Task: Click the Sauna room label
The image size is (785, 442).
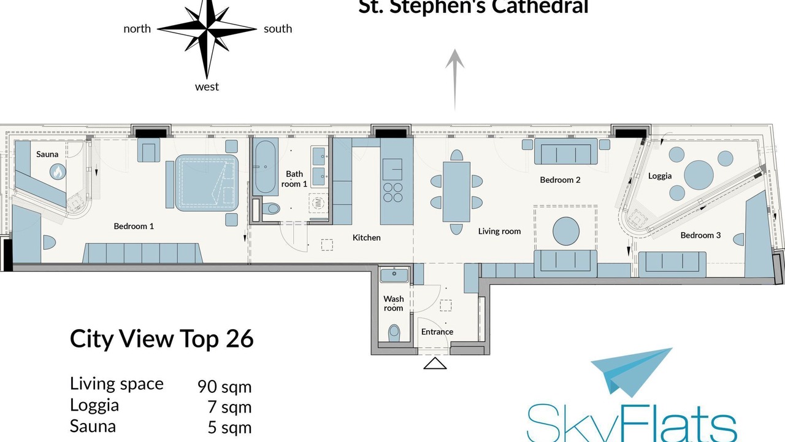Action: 47,154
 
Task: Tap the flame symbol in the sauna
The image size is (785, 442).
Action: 58,173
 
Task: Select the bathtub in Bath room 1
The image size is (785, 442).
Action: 266,166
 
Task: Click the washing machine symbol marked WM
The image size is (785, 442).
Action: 318,203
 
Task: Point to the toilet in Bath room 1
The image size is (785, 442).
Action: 270,209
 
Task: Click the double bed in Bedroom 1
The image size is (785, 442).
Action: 207,183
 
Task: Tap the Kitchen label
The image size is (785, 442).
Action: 367,238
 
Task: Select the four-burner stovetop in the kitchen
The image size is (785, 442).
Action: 393,192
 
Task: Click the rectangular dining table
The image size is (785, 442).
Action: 456,192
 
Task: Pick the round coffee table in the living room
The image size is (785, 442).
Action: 566,231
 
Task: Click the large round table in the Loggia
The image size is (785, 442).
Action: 699,175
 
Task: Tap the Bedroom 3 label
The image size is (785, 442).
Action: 700,235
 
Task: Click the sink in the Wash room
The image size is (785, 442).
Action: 394,275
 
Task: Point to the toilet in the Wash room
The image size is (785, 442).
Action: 394,331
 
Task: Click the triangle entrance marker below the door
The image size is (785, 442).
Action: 435,363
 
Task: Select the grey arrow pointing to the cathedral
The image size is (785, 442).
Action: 455,80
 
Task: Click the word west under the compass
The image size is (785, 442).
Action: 207,87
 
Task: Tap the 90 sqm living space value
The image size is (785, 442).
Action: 224,386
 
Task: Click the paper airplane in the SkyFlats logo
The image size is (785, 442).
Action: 631,371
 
